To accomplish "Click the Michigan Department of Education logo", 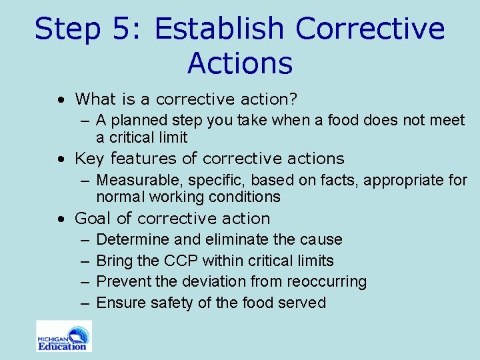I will point(64,336).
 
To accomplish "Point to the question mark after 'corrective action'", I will point(292,99).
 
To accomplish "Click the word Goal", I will point(91,219).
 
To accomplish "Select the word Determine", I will point(128,239).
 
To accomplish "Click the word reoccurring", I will point(327,282).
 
